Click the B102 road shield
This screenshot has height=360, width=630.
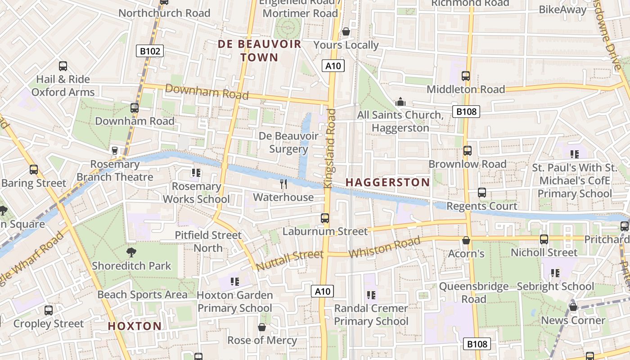[150, 51]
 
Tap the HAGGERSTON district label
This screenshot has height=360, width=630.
[387, 182]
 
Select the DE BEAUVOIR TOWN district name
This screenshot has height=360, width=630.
[260, 51]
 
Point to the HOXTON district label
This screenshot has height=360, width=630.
[135, 326]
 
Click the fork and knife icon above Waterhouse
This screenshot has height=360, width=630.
[283, 184]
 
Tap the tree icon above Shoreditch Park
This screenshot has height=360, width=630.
[131, 252]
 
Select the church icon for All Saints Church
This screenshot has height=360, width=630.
[400, 102]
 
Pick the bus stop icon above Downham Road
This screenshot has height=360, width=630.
[134, 108]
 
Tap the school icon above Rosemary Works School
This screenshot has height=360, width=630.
[196, 172]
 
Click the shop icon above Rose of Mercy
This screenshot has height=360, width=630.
[262, 327]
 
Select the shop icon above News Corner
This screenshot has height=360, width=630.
[573, 307]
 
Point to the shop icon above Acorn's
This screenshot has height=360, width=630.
[466, 240]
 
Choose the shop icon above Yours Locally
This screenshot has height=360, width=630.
[346, 31]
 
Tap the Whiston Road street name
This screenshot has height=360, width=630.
[384, 247]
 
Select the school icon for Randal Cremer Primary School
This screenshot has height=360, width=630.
[371, 295]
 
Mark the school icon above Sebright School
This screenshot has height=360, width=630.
[555, 273]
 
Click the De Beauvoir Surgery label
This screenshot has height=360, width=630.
[288, 142]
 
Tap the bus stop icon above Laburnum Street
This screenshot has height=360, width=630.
[325, 218]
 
